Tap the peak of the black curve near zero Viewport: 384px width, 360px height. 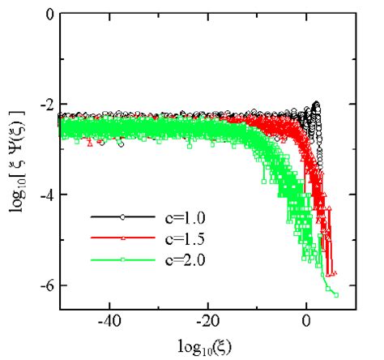316,105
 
